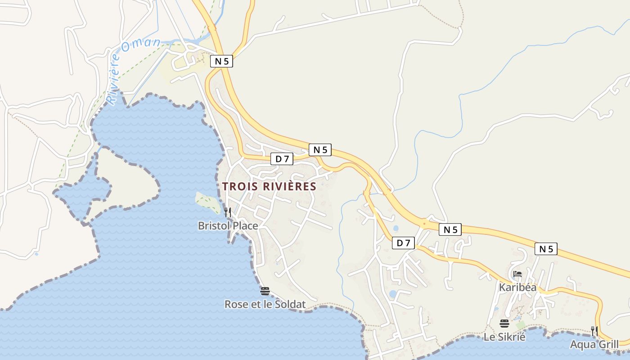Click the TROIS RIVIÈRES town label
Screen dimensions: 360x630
(269, 186)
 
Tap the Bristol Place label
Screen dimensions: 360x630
(228, 226)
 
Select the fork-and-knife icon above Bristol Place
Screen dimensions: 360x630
(228, 212)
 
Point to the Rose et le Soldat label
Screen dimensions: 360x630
(265, 305)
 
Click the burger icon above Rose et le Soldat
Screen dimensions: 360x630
(265, 291)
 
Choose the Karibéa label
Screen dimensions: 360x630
(517, 287)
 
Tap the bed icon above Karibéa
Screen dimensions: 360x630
(517, 274)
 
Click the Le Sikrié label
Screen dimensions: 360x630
(504, 337)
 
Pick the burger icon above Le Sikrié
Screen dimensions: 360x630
(504, 323)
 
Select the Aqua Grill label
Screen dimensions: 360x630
(594, 345)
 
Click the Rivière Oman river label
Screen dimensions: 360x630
(133, 70)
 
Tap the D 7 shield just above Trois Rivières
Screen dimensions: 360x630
(282, 159)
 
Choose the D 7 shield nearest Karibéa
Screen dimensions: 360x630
(404, 243)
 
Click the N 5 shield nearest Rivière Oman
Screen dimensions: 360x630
(222, 61)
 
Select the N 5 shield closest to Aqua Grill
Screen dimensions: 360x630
(546, 249)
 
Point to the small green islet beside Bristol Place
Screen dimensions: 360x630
(208, 203)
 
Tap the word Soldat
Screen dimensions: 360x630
(290, 305)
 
